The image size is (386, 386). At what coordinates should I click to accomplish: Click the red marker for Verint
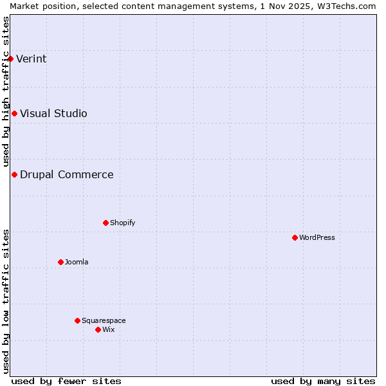pyautogui.click(x=10, y=59)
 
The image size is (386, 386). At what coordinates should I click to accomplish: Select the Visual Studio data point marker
pyautogui.click(x=14, y=113)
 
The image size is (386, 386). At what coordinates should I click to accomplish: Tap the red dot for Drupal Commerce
pyautogui.click(x=14, y=174)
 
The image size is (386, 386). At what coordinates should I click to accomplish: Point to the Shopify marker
pyautogui.click(x=106, y=223)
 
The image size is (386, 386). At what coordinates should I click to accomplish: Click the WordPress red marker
pyautogui.click(x=295, y=237)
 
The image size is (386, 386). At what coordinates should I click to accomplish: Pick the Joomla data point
pyautogui.click(x=60, y=262)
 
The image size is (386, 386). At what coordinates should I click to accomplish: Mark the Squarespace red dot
pyautogui.click(x=77, y=320)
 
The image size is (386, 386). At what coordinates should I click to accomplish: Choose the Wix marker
pyautogui.click(x=98, y=329)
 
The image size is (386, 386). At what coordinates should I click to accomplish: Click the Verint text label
pyautogui.click(x=31, y=59)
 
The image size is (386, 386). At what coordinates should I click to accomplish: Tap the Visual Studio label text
pyautogui.click(x=53, y=114)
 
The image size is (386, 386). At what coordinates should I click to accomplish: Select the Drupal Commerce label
pyautogui.click(x=66, y=175)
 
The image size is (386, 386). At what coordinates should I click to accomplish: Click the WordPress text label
pyautogui.click(x=317, y=238)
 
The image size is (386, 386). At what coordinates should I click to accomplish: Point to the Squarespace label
pyautogui.click(x=104, y=321)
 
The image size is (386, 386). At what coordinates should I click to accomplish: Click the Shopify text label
pyautogui.click(x=122, y=223)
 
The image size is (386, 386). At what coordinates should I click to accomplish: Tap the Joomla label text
pyautogui.click(x=77, y=262)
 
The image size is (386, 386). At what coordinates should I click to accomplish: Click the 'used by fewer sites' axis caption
pyautogui.click(x=66, y=381)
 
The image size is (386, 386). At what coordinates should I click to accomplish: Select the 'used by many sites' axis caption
pyautogui.click(x=323, y=381)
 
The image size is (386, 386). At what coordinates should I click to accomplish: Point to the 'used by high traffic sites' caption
pyautogui.click(x=6, y=91)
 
